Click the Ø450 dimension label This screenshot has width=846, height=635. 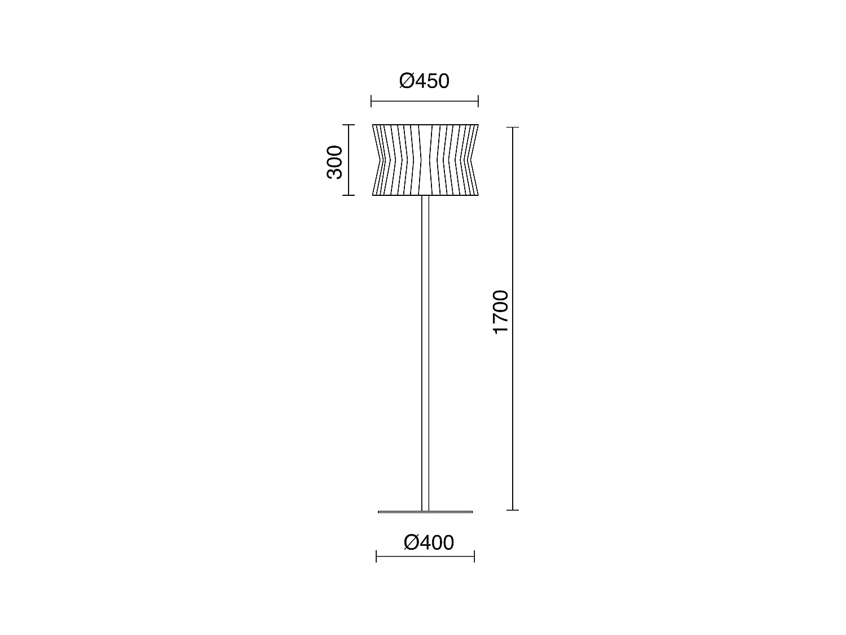424,81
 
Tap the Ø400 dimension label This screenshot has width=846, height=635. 429,543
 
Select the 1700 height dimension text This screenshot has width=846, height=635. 500,312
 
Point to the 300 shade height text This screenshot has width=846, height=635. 334,162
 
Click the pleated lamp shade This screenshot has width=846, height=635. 425,160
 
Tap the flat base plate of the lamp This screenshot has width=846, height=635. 425,512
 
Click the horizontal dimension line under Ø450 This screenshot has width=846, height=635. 424,102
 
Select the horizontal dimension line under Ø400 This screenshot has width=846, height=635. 425,557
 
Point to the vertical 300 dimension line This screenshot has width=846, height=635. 349,160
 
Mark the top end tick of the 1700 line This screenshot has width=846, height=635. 512,128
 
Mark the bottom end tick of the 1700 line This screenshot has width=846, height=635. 512,510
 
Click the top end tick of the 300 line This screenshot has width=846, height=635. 349,125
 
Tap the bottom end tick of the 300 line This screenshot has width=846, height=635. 349,195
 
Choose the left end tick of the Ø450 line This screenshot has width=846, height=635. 371,102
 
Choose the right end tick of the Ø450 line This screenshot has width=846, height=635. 478,102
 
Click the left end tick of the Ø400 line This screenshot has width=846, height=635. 376,557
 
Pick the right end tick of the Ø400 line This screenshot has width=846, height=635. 474,557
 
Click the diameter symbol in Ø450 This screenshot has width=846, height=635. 407,81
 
